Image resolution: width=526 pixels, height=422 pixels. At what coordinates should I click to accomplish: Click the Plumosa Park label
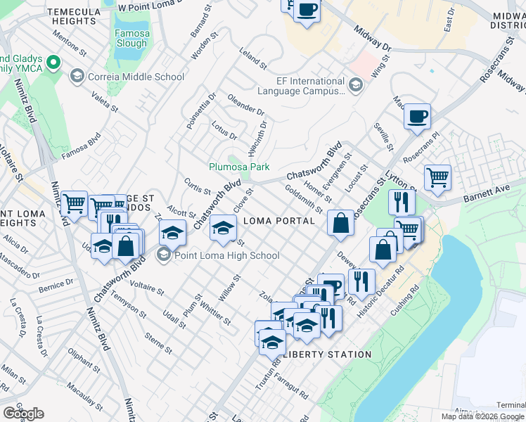click(239, 167)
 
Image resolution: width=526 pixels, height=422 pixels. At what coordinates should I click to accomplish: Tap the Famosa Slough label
click(131, 38)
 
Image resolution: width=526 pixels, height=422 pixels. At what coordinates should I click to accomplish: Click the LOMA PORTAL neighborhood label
click(278, 221)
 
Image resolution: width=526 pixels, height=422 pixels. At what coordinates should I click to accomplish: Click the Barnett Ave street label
click(487, 193)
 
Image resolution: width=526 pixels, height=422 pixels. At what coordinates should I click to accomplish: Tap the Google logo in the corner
click(23, 414)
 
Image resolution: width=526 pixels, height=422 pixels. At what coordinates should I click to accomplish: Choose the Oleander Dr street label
click(245, 105)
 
